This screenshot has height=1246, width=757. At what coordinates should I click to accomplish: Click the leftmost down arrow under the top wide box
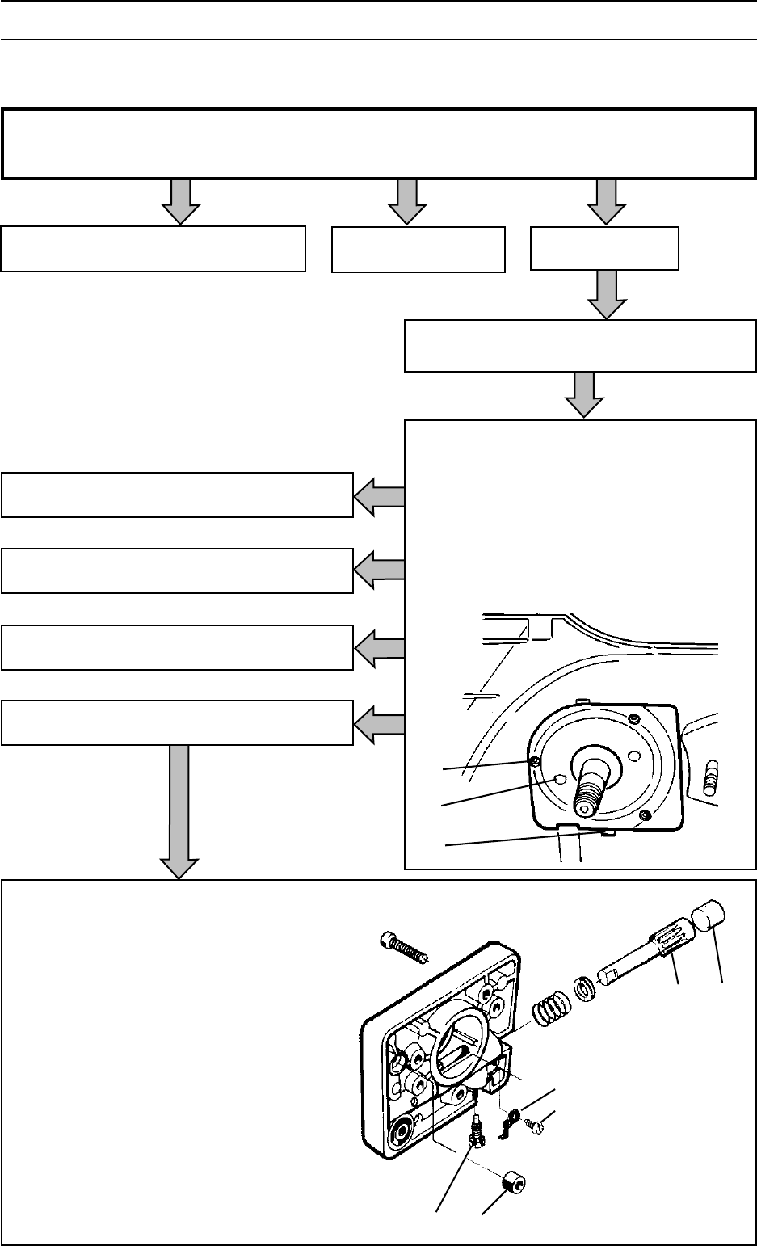181,201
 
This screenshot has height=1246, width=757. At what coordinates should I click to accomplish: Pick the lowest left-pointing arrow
379,723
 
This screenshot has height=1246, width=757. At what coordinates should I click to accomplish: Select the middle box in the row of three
418,249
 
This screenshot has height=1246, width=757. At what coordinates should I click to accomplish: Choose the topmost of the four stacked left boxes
177,495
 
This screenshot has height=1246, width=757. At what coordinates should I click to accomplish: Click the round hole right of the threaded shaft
634,757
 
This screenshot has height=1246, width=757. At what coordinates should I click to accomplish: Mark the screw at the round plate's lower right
644,817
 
